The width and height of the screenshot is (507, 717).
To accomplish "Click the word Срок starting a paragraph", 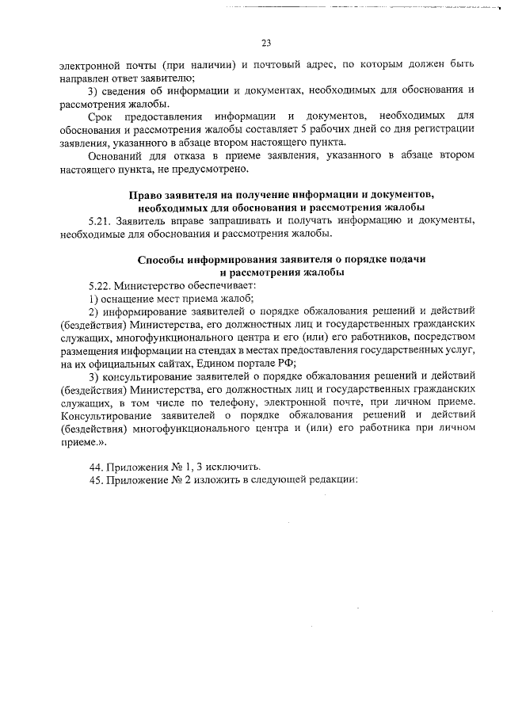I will click(101, 117).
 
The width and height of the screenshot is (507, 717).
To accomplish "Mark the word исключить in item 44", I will click(235, 465).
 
